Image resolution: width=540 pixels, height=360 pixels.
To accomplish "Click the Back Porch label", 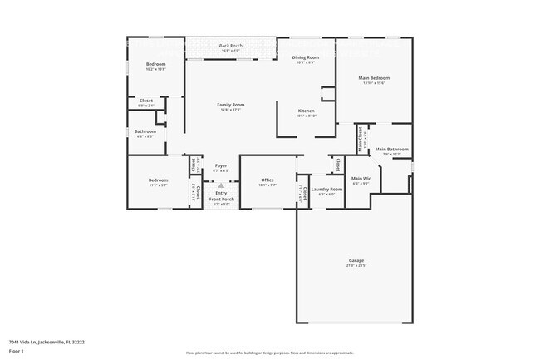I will coord(230,46).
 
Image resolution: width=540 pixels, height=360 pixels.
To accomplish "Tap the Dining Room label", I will coord(306,57).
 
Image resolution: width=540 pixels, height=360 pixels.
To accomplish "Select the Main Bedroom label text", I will coord(373,78).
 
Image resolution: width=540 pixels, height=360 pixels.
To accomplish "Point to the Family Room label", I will coord(230,105).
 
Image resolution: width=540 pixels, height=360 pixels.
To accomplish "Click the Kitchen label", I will coord(306,111).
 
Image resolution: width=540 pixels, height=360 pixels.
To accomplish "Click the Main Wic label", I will coord(361,179).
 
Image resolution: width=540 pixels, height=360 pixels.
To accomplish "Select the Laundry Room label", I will coord(326,190).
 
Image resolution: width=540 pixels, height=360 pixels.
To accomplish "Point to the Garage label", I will coord(356,261).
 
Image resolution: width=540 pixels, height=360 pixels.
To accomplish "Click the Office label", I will coord(268,180).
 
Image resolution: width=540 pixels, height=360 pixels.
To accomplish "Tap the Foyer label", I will coord(221,166).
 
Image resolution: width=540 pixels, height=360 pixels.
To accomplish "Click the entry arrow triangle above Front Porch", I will coord(221,186).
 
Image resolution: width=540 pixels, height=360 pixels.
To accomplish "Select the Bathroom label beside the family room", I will coord(145,131).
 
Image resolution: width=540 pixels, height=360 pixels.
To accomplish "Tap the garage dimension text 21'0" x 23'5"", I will coord(356,266).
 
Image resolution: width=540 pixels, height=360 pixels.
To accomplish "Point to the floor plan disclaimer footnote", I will coord(270,353).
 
